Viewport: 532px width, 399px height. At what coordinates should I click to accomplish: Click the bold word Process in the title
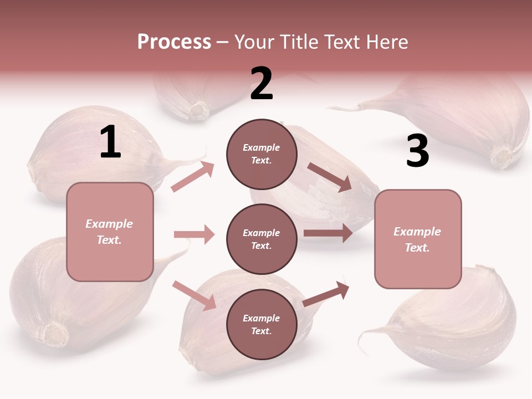174,42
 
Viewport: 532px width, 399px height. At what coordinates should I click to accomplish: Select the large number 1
110,142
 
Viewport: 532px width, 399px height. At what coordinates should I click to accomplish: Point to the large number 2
262,84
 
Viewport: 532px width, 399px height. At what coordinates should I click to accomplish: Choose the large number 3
417,151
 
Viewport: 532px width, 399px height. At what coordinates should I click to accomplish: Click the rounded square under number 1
110,232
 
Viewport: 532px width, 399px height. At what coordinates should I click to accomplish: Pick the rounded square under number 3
418,239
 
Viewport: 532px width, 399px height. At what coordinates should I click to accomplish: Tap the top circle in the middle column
262,154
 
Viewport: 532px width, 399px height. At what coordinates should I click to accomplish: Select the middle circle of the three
262,239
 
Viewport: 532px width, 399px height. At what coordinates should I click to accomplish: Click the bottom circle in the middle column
262,324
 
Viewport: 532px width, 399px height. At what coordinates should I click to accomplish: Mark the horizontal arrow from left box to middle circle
194,234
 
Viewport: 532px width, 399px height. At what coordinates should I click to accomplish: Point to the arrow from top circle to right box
329,177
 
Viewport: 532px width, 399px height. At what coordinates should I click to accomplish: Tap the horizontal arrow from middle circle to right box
328,233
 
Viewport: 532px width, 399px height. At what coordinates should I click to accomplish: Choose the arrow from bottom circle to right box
326,294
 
